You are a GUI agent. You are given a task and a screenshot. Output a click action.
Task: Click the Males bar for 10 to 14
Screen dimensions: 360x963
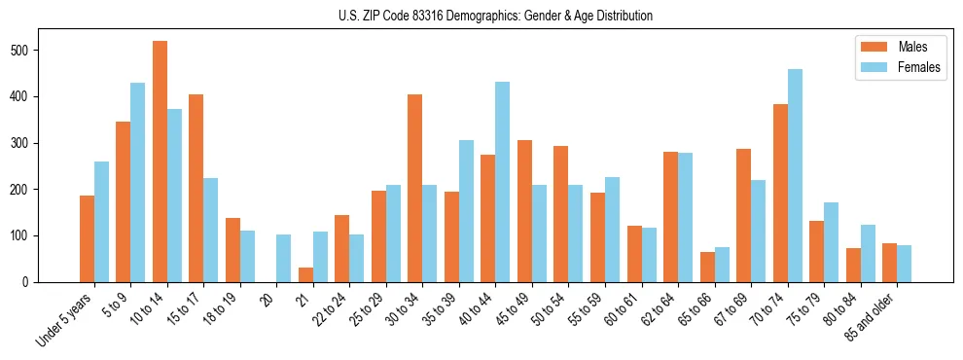160,162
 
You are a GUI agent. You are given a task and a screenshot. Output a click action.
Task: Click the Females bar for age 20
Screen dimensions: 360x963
284,258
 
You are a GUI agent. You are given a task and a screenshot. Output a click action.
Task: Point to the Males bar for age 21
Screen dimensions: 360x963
305,274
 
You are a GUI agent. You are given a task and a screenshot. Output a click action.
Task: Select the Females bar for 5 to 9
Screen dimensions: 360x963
138,182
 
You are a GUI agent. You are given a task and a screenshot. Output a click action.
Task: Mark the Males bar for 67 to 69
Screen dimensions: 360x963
743,215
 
